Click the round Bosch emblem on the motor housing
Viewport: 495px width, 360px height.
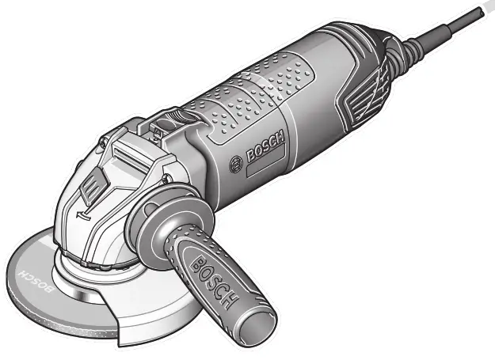pyautogui.click(x=235, y=165)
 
